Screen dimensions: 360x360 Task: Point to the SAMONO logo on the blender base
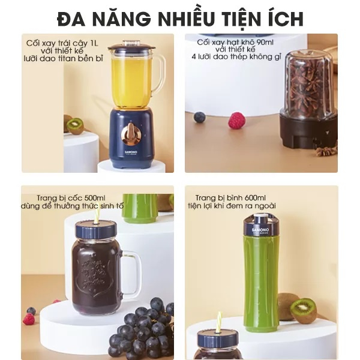[x=131, y=152]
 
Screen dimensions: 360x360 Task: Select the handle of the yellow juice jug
[x=160, y=73]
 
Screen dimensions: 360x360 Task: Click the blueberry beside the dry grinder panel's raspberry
[x=200, y=117]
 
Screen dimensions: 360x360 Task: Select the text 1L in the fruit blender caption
[x=94, y=43]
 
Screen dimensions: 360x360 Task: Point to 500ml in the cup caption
[x=95, y=197]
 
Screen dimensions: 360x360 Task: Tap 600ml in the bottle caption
[x=255, y=197]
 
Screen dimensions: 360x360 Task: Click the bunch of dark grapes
[x=142, y=329]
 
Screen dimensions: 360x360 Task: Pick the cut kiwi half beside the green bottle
[x=303, y=311]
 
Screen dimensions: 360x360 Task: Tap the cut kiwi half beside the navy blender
[x=75, y=126]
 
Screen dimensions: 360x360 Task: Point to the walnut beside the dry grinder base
[x=326, y=152]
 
